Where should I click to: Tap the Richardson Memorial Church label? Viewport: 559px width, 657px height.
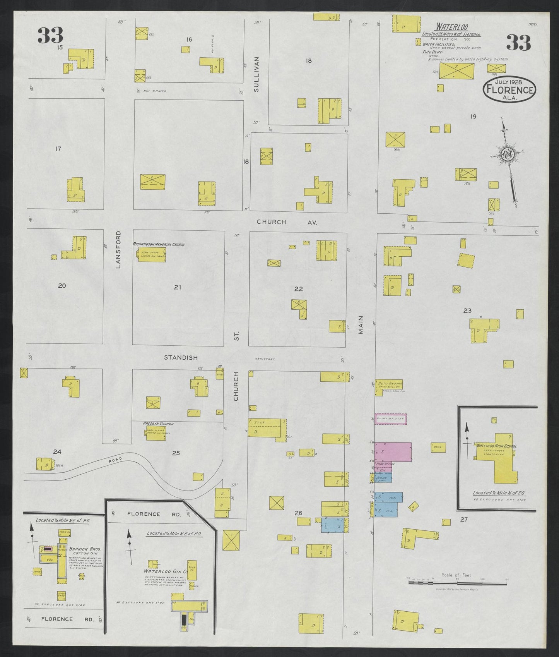(159, 245)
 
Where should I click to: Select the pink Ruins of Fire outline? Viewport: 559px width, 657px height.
(390, 419)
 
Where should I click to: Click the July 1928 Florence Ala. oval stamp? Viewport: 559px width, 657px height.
(509, 89)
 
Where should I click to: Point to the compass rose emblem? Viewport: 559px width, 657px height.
(506, 154)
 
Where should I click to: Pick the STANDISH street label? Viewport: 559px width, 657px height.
(181, 357)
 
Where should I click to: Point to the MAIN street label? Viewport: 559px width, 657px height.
(361, 324)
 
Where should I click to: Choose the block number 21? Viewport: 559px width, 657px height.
(177, 287)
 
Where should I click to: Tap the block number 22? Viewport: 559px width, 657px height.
(298, 289)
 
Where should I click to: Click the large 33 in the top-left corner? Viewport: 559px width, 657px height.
(50, 35)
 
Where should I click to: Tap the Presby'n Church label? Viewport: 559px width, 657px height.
(158, 424)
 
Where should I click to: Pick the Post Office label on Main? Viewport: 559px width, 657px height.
(385, 464)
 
